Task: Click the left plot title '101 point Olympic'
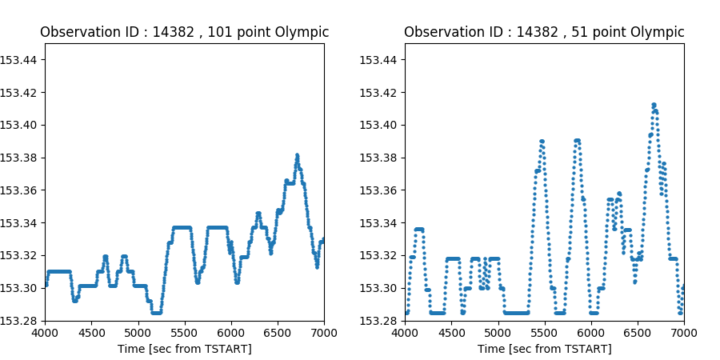184,32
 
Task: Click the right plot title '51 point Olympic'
544,32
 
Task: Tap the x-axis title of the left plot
184,349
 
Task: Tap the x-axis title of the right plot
544,349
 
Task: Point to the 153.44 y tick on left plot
20,59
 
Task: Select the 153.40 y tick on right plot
380,125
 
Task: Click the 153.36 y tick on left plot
20,190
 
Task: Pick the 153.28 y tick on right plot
380,321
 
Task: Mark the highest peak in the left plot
297,155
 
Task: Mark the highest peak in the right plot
654,105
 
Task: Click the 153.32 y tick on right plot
380,255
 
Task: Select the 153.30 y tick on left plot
20,288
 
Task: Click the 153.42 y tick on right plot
380,92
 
